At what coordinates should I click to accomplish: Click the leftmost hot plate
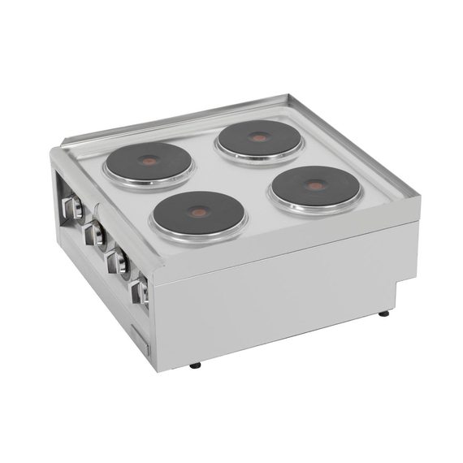(148, 162)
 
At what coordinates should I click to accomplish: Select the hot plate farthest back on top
(258, 139)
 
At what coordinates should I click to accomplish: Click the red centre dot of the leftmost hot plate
(149, 162)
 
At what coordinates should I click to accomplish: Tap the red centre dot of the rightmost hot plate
(316, 185)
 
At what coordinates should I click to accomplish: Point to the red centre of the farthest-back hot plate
(258, 138)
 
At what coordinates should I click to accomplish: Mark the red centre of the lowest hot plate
(199, 213)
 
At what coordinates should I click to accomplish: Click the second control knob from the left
(96, 235)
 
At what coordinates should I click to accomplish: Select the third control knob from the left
(119, 262)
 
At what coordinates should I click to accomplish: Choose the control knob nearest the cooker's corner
(141, 291)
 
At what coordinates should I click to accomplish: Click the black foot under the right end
(383, 313)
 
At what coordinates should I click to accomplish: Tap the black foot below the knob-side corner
(195, 366)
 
